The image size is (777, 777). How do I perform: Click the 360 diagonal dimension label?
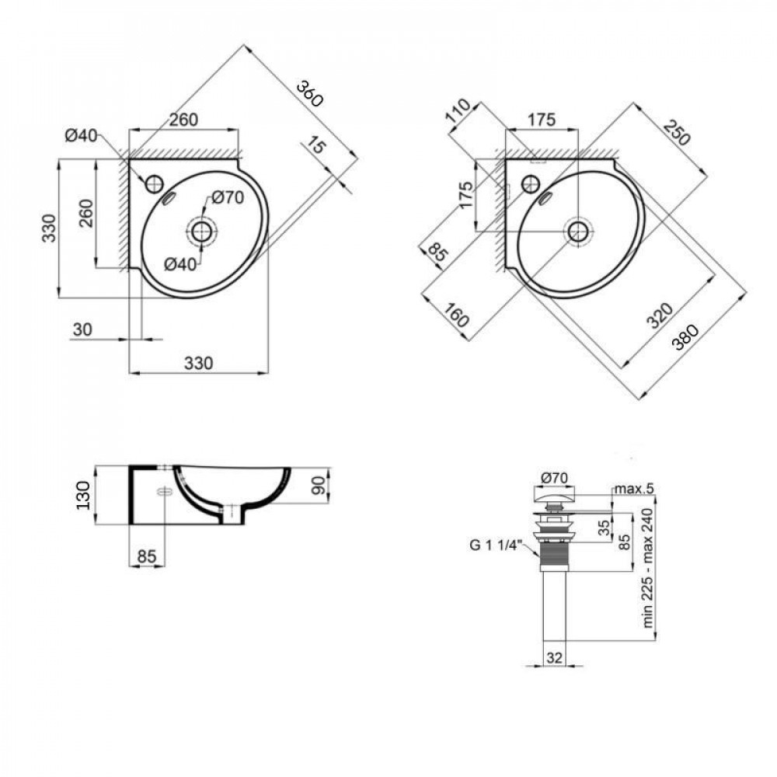(x=308, y=92)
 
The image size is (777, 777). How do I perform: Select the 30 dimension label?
(x=82, y=329)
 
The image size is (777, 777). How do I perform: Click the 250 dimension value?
(x=677, y=134)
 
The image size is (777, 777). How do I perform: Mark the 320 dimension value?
(x=659, y=316)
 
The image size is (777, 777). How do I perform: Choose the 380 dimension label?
(x=685, y=336)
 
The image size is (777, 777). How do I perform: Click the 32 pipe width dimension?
(x=555, y=657)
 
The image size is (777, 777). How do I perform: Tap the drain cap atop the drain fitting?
(x=555, y=493)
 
